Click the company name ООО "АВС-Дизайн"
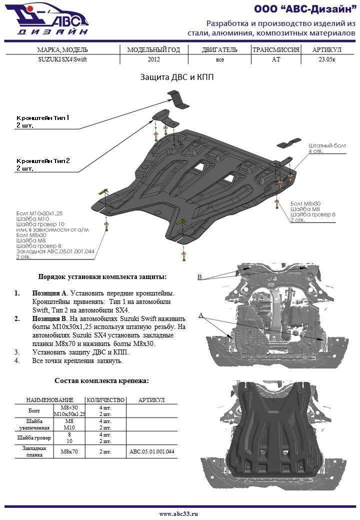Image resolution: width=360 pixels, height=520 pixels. (x=304, y=9)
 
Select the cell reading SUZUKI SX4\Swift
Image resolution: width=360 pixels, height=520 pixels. (x=62, y=59)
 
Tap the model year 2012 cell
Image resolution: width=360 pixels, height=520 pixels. (x=154, y=59)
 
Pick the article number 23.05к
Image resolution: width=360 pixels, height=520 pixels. (x=326, y=59)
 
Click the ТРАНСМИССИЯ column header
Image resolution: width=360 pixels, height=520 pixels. (x=275, y=50)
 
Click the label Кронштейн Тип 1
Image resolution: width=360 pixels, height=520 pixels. (x=42, y=118)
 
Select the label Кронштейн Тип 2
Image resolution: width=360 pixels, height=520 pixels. (x=43, y=161)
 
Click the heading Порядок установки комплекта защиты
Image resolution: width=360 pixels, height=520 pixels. (x=102, y=276)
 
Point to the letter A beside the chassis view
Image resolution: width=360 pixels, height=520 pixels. (x=201, y=315)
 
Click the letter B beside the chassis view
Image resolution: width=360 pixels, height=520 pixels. (x=199, y=277)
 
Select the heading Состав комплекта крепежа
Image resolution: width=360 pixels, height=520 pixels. (x=101, y=381)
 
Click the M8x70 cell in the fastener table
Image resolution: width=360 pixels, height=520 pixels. (x=69, y=451)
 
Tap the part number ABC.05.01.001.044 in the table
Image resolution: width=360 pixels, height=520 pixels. (x=152, y=451)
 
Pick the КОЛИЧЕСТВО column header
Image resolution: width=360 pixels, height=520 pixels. (x=105, y=400)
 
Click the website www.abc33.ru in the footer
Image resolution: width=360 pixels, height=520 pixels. (x=178, y=513)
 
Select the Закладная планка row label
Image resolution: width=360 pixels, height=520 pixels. (x=34, y=451)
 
